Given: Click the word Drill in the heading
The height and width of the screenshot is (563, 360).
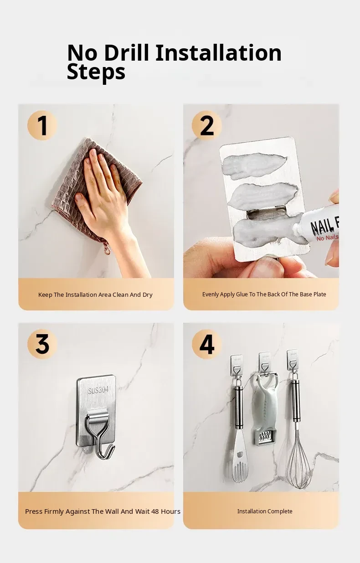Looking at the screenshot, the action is tap(126, 53).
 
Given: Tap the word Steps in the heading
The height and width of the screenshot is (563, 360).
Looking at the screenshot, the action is tap(96, 72).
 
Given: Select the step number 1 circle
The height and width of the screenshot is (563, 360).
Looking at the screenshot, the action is tap(42, 125).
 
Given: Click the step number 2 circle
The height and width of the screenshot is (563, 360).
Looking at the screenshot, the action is tap(207, 125).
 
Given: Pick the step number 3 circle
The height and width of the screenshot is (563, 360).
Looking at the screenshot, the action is tap(42, 344).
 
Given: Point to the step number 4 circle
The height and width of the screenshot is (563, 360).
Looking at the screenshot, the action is tap(207, 344).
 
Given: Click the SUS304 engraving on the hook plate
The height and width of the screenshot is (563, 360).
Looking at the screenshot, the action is tap(98, 390).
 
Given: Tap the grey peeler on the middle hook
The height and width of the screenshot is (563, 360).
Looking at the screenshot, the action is tap(264, 410).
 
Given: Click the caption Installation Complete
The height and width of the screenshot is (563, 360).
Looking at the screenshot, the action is tap(265, 511).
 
